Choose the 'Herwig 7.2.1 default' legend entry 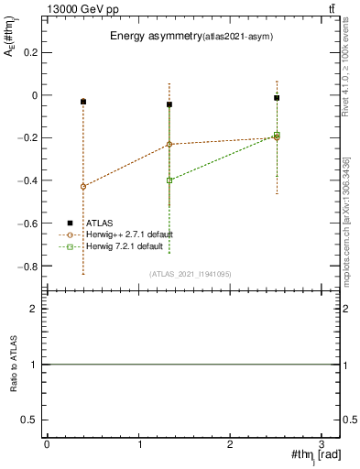113,247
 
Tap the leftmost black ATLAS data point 83,102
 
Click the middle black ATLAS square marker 169,104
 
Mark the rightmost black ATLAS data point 277,98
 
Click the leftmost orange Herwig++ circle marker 83,187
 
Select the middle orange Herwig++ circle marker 169,145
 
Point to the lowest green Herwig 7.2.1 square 169,180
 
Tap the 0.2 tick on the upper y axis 32,52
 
